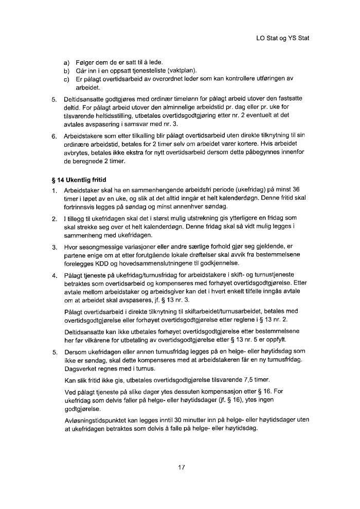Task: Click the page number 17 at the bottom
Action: [181, 467]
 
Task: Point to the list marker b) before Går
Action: [66, 71]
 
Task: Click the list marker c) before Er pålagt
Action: [66, 78]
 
